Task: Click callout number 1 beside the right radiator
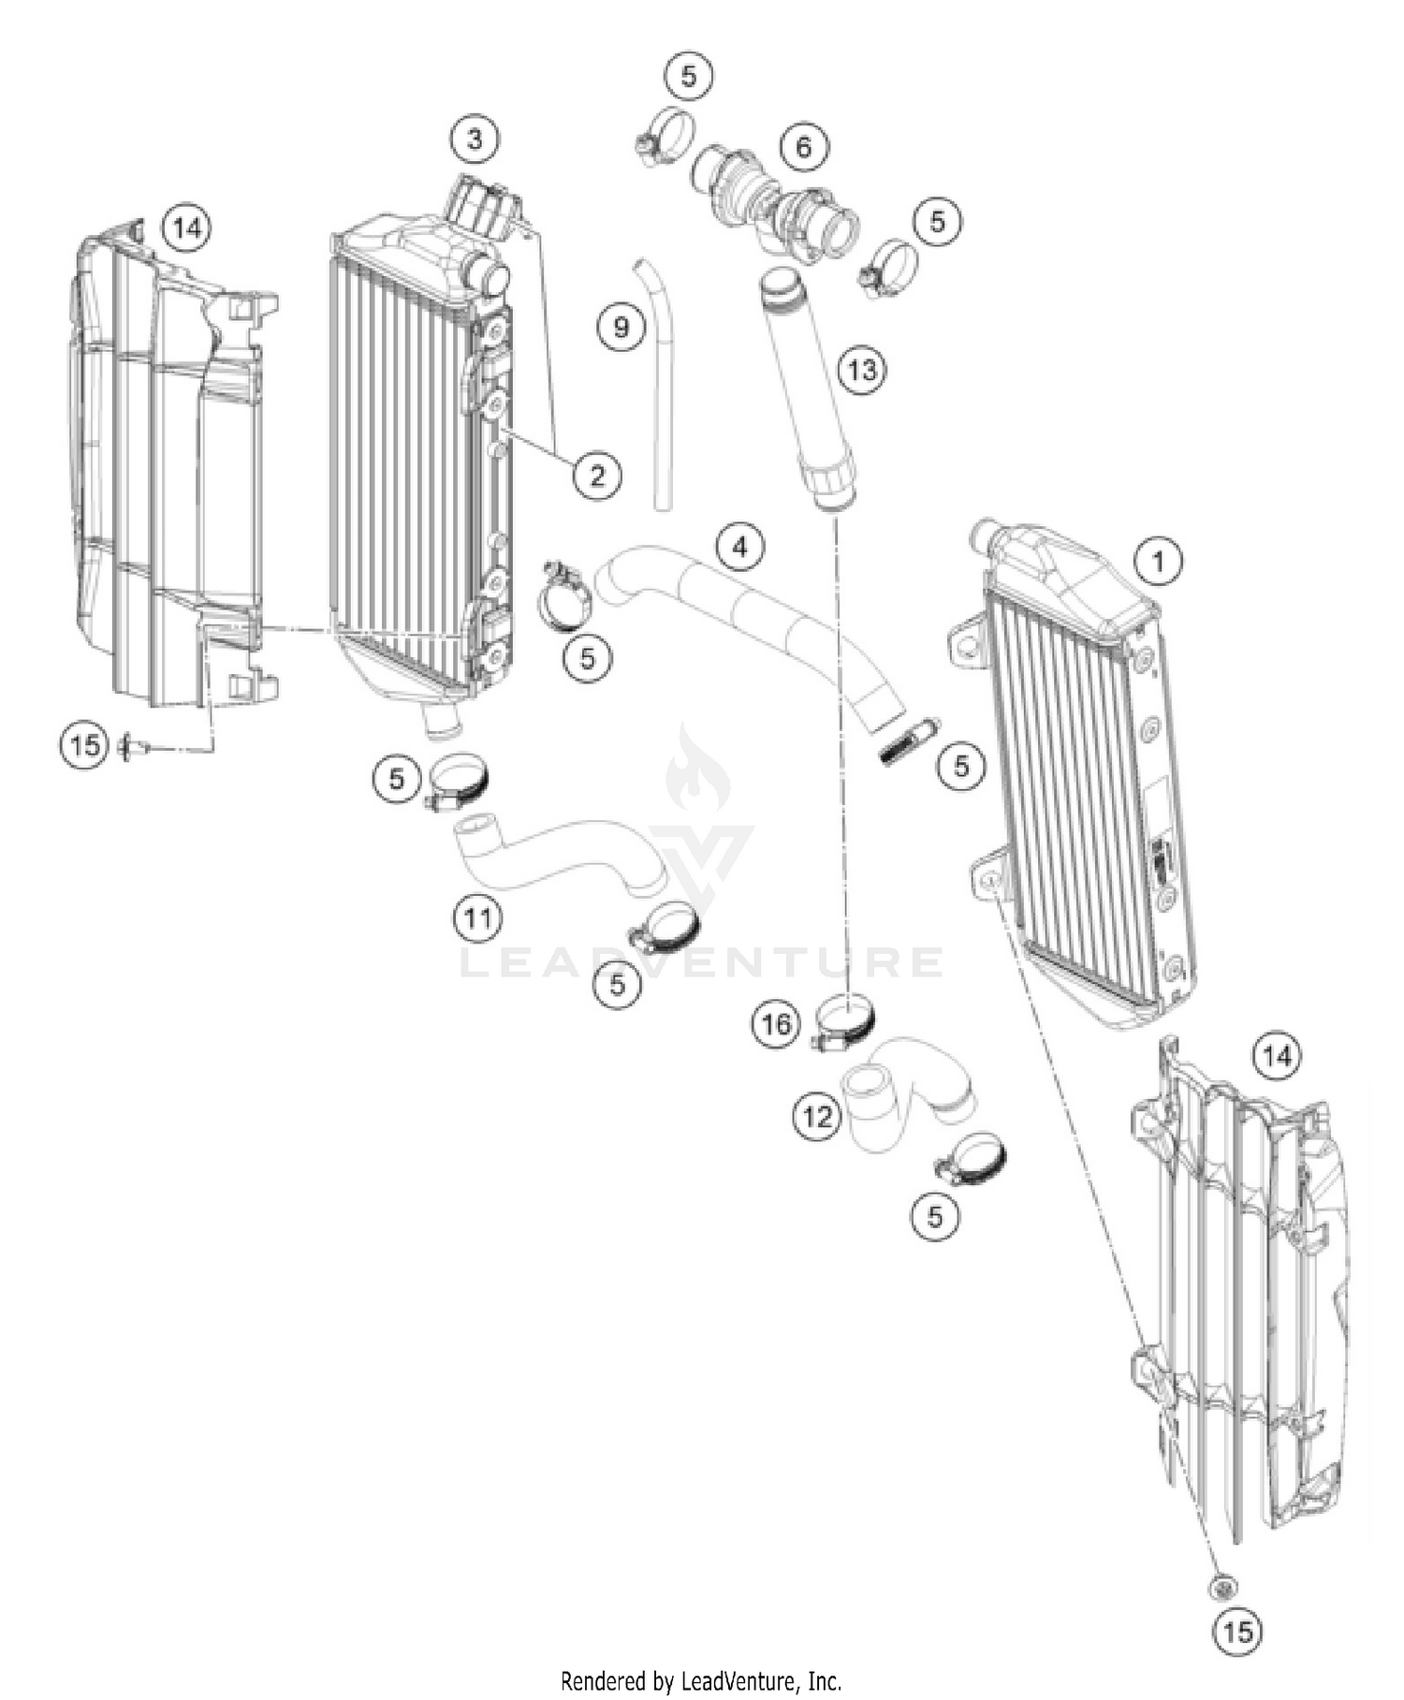click(1159, 562)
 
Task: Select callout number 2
click(597, 475)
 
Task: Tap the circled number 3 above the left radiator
click(475, 139)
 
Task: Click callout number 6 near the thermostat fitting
click(804, 147)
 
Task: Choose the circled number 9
click(622, 328)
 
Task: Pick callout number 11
click(478, 918)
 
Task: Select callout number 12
click(817, 1116)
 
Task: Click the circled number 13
click(861, 370)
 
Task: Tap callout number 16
click(776, 1024)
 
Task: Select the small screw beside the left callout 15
click(132, 746)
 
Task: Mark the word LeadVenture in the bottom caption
click(740, 1680)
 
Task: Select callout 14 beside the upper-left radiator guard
click(186, 227)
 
